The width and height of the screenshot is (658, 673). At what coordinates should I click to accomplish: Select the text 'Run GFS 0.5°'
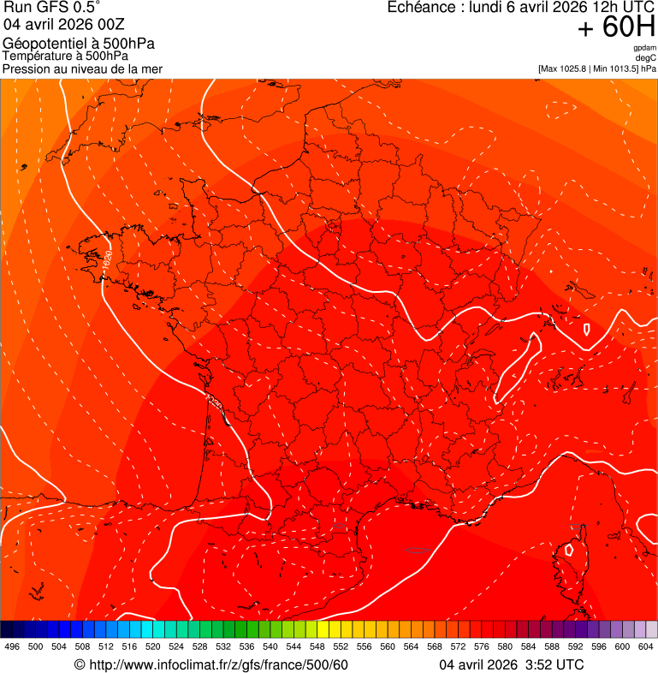(51, 9)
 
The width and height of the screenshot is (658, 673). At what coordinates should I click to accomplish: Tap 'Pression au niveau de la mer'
(82, 68)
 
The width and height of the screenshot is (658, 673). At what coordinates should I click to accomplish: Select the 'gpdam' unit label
(644, 48)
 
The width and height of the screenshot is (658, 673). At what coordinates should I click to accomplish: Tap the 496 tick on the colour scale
(12, 646)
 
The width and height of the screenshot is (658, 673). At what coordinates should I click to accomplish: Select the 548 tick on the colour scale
(317, 646)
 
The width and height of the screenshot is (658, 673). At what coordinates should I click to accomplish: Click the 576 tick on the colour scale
(482, 646)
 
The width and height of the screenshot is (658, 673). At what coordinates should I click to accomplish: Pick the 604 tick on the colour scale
(646, 646)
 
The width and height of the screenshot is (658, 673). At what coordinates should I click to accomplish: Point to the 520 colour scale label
(153, 646)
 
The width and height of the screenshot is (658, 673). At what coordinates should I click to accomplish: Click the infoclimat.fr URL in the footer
(218, 665)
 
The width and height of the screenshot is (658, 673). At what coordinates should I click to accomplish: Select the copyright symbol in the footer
(80, 665)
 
